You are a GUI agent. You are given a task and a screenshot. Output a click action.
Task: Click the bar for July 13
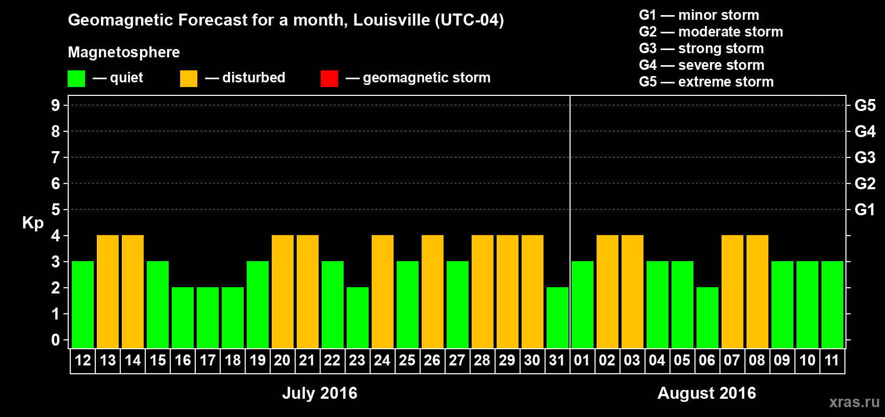[108, 291]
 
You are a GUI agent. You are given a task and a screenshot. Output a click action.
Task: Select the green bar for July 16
[183, 317]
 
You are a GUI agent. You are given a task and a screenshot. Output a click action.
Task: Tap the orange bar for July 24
[383, 291]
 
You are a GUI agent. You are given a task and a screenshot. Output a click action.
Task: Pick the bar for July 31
[558, 317]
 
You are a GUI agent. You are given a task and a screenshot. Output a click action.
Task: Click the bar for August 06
[707, 317]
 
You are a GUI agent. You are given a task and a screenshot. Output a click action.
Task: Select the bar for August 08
[757, 291]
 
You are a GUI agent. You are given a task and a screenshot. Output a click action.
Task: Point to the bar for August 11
[832, 304]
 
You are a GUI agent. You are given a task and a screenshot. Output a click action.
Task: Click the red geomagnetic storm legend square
[329, 79]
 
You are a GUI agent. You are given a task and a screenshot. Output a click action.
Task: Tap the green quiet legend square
[76, 79]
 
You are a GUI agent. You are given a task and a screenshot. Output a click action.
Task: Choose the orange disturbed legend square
[188, 79]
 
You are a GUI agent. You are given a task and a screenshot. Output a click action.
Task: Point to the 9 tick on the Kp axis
[56, 105]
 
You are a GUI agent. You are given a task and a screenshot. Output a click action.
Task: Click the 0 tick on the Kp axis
[56, 340]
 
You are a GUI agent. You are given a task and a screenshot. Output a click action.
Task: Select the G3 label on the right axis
[865, 157]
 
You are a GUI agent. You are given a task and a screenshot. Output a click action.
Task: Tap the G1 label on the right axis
[865, 210]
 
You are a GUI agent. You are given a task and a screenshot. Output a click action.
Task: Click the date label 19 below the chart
[258, 360]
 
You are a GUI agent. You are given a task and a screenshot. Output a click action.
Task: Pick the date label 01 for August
[582, 360]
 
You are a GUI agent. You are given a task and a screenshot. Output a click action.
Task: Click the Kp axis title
[33, 223]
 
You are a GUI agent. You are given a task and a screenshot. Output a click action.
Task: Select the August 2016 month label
[706, 393]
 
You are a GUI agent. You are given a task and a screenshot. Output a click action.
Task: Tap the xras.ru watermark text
[854, 402]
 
